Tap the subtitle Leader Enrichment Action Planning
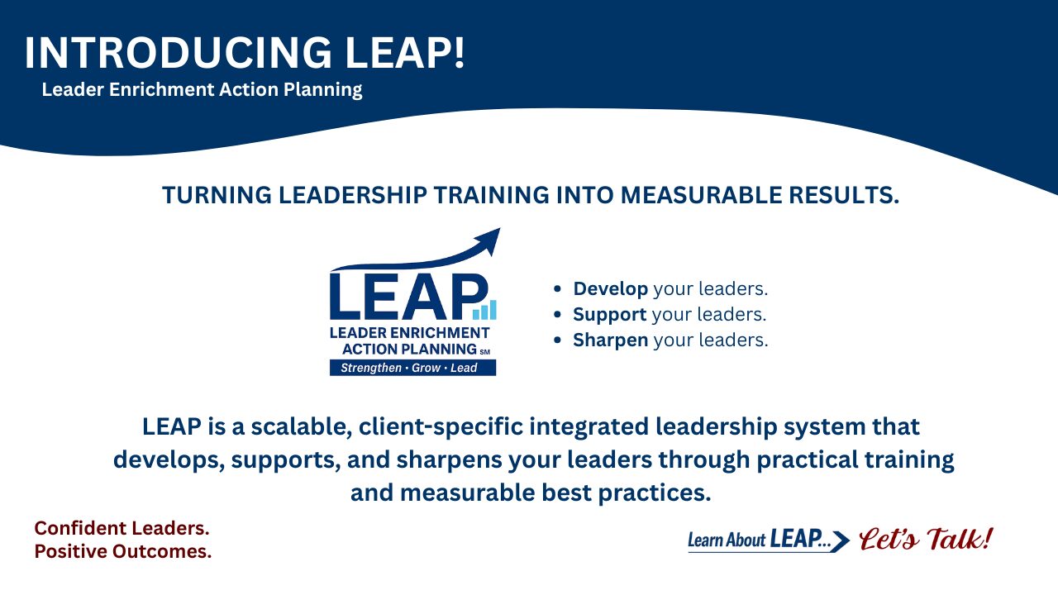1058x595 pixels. [x=202, y=89]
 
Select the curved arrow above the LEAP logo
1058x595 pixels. [x=430, y=250]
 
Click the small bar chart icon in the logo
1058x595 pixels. [x=484, y=310]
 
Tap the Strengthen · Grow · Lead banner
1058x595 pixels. [x=412, y=368]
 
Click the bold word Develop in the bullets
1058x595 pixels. [x=610, y=289]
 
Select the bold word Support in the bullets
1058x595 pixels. [x=609, y=315]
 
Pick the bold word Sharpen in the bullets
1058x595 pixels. [x=610, y=340]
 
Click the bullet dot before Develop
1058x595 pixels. [x=558, y=289]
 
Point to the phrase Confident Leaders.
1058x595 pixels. [x=122, y=528]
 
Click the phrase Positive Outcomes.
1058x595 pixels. [x=122, y=552]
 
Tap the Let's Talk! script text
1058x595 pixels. [x=926, y=540]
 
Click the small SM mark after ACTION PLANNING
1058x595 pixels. [x=484, y=352]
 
